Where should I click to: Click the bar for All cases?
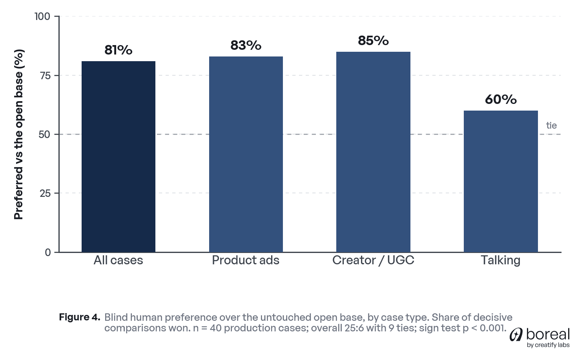pos(118,156)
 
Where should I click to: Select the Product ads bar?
pos(246,154)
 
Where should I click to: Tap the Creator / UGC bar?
pos(373,152)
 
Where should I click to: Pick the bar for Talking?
pos(501,182)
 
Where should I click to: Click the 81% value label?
pos(118,50)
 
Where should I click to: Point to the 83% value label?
pos(246,45)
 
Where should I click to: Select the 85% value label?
pos(373,40)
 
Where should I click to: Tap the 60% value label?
pos(501,100)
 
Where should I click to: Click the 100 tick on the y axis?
pos(42,16)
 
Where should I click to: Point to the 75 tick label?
pos(45,76)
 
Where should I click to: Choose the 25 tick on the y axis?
pos(45,193)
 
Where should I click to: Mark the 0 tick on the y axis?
pos(48,253)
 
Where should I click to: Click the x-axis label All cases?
pos(118,260)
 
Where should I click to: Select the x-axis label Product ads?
pos(246,260)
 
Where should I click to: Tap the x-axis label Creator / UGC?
pos(373,260)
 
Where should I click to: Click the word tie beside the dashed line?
pos(551,125)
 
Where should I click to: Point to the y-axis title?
pos(18,134)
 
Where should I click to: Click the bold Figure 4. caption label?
pos(79,317)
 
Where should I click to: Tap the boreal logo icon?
pos(516,335)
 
